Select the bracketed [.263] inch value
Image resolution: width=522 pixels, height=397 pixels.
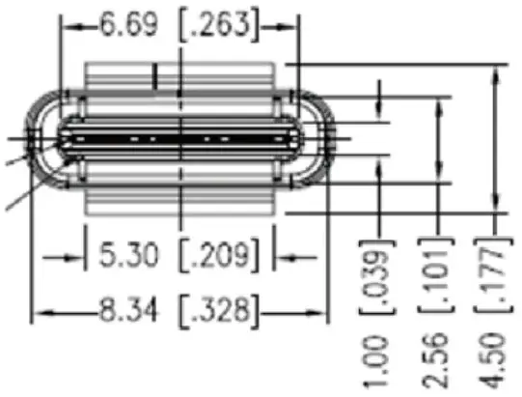pyautogui.click(x=219, y=26)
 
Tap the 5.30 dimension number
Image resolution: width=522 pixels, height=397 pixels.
pyautogui.click(x=129, y=255)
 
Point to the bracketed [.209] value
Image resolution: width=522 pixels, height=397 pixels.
pyautogui.click(x=219, y=255)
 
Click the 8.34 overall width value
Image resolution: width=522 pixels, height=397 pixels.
pyautogui.click(x=129, y=310)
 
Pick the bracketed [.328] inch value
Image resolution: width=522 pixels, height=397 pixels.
pyautogui.click(x=219, y=311)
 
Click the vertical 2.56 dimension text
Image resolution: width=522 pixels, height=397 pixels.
pyautogui.click(x=435, y=361)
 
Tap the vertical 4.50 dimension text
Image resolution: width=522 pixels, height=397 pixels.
pyautogui.click(x=492, y=361)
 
